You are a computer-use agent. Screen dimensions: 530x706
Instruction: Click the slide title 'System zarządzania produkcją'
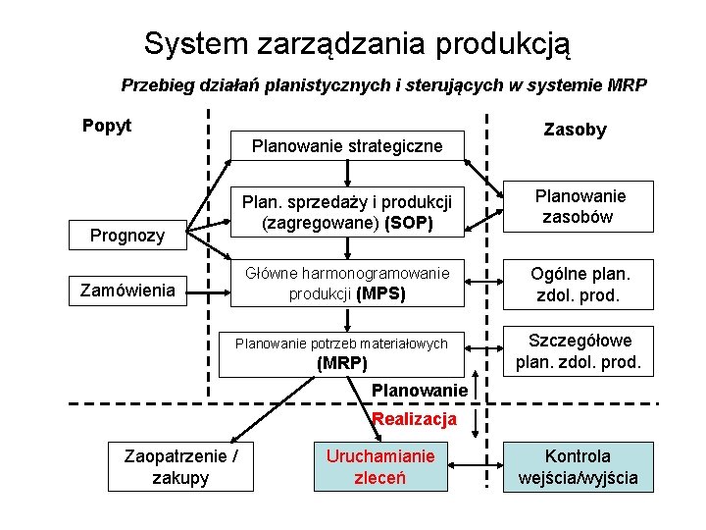coord(356,43)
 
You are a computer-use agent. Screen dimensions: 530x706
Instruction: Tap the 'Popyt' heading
coord(107,126)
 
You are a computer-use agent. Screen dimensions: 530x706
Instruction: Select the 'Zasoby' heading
coord(575,130)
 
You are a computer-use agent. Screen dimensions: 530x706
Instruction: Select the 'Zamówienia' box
coord(128,291)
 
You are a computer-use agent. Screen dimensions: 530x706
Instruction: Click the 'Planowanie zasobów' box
coord(579,207)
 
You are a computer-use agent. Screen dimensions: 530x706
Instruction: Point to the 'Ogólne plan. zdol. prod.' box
coord(579,284)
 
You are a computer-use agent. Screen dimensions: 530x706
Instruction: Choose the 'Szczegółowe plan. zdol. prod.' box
coord(579,351)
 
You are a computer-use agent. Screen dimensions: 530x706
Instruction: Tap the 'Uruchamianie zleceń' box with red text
coord(380,466)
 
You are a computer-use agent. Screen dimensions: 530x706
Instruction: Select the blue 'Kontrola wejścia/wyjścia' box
coord(579,466)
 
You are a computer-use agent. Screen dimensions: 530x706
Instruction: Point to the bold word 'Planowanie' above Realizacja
coord(419,391)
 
